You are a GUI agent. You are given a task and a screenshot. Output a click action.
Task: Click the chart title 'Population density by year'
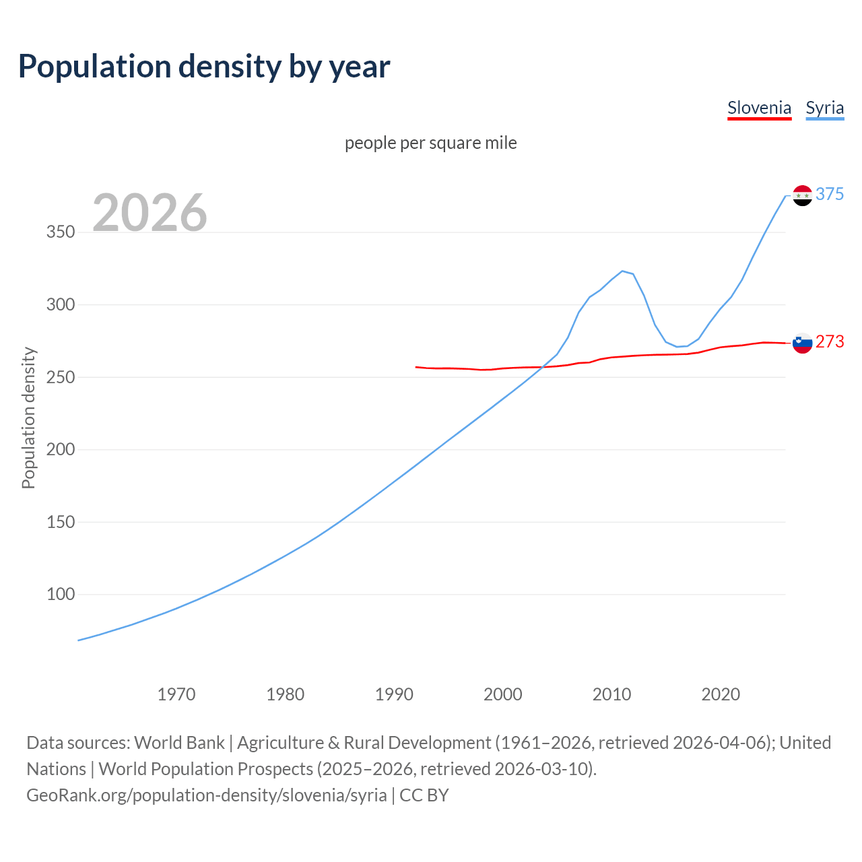pos(204,67)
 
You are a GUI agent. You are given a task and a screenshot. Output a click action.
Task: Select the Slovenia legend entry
pos(759,108)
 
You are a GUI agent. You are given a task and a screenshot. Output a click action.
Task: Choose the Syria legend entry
pos(824,108)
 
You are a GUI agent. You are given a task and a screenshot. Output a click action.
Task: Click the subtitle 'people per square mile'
pos(430,143)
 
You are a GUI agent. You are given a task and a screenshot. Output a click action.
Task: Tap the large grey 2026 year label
pos(150,213)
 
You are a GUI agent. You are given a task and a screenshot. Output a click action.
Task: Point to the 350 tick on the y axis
pos(60,232)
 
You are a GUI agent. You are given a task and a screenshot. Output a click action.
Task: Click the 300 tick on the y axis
pos(60,304)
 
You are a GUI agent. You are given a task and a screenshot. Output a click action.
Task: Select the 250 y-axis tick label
pos(60,377)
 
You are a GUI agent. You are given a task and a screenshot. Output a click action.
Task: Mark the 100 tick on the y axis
pos(60,595)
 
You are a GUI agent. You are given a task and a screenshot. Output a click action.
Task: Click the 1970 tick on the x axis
pos(176,694)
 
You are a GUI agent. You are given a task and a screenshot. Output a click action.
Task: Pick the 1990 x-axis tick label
pos(394,694)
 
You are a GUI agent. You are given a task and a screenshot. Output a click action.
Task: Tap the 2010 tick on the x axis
pos(611,694)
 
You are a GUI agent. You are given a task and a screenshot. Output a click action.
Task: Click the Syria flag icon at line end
pos(802,195)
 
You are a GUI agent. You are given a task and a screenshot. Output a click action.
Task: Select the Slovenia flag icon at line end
pos(802,343)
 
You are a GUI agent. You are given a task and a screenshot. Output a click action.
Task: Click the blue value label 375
pos(830,195)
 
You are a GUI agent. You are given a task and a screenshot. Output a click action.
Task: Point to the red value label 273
pos(830,342)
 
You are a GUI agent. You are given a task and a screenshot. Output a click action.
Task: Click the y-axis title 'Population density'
pos(28,418)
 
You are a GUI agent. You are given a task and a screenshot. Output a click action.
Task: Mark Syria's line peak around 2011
pos(622,271)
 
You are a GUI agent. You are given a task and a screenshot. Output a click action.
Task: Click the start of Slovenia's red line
pos(416,367)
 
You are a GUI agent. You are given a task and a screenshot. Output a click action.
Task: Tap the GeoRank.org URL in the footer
pos(207,795)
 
